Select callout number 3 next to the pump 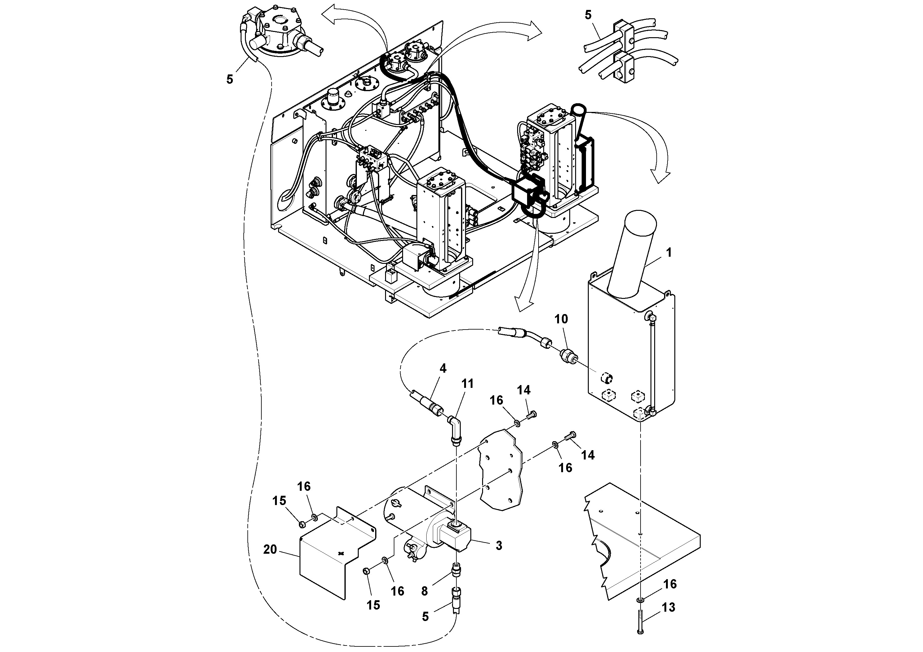click(499, 545)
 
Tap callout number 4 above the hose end click(443, 368)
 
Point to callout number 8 click(424, 591)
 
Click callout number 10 click(561, 319)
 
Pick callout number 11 click(467, 384)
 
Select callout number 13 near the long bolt click(668, 607)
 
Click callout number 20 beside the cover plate click(270, 549)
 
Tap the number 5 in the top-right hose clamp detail click(588, 15)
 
